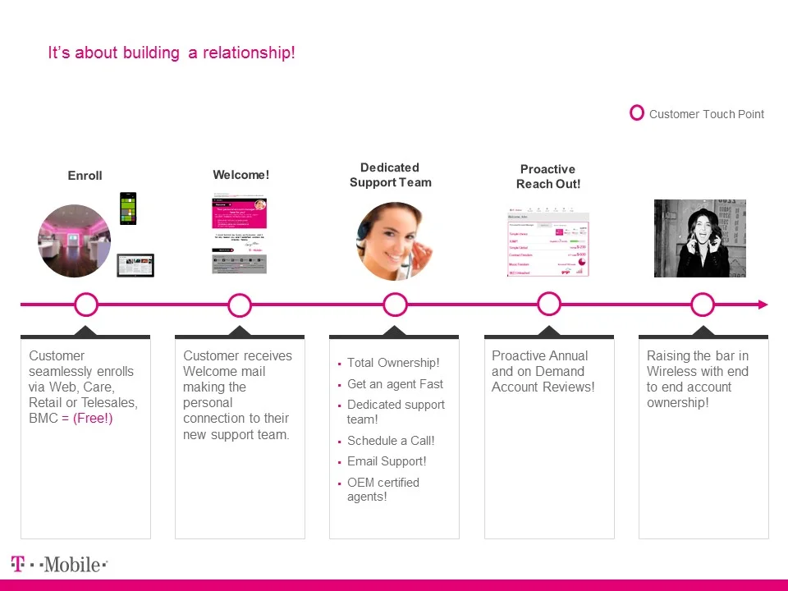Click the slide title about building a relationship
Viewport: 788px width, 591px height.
[172, 53]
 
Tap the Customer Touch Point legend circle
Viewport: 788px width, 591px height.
[637, 113]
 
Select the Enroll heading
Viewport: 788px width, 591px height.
[85, 176]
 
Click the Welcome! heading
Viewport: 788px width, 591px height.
[241, 175]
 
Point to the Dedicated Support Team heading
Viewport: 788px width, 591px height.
[390, 175]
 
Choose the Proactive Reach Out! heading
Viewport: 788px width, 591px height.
[547, 176]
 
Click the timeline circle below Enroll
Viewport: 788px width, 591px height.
[85, 305]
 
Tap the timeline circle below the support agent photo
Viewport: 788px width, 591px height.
[395, 305]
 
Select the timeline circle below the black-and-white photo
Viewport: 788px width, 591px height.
[703, 305]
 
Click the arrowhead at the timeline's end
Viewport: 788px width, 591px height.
[763, 305]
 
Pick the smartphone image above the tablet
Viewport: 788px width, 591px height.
[128, 208]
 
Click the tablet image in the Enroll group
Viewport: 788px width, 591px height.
[135, 265]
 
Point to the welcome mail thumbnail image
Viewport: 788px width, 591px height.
[239, 235]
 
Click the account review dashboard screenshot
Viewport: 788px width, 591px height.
[547, 243]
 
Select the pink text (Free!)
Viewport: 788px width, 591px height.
[92, 419]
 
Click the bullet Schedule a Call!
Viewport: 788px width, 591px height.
[391, 441]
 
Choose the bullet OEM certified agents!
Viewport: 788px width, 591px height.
[383, 489]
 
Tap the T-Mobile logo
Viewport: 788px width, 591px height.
[59, 565]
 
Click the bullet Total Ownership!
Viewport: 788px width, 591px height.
[392, 363]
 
